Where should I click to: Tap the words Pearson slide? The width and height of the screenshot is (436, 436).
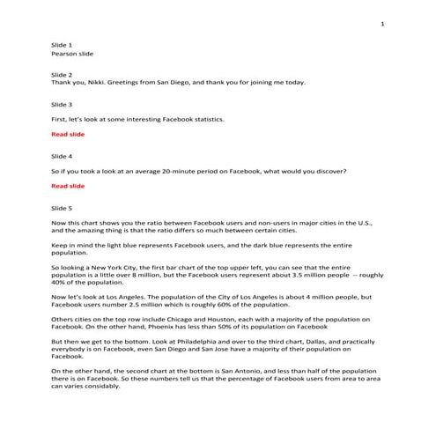coord(71,53)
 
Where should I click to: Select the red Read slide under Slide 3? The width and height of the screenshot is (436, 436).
coord(68,134)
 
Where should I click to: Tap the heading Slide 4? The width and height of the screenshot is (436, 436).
coord(62,154)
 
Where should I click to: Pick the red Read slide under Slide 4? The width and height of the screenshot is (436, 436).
coord(68,186)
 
